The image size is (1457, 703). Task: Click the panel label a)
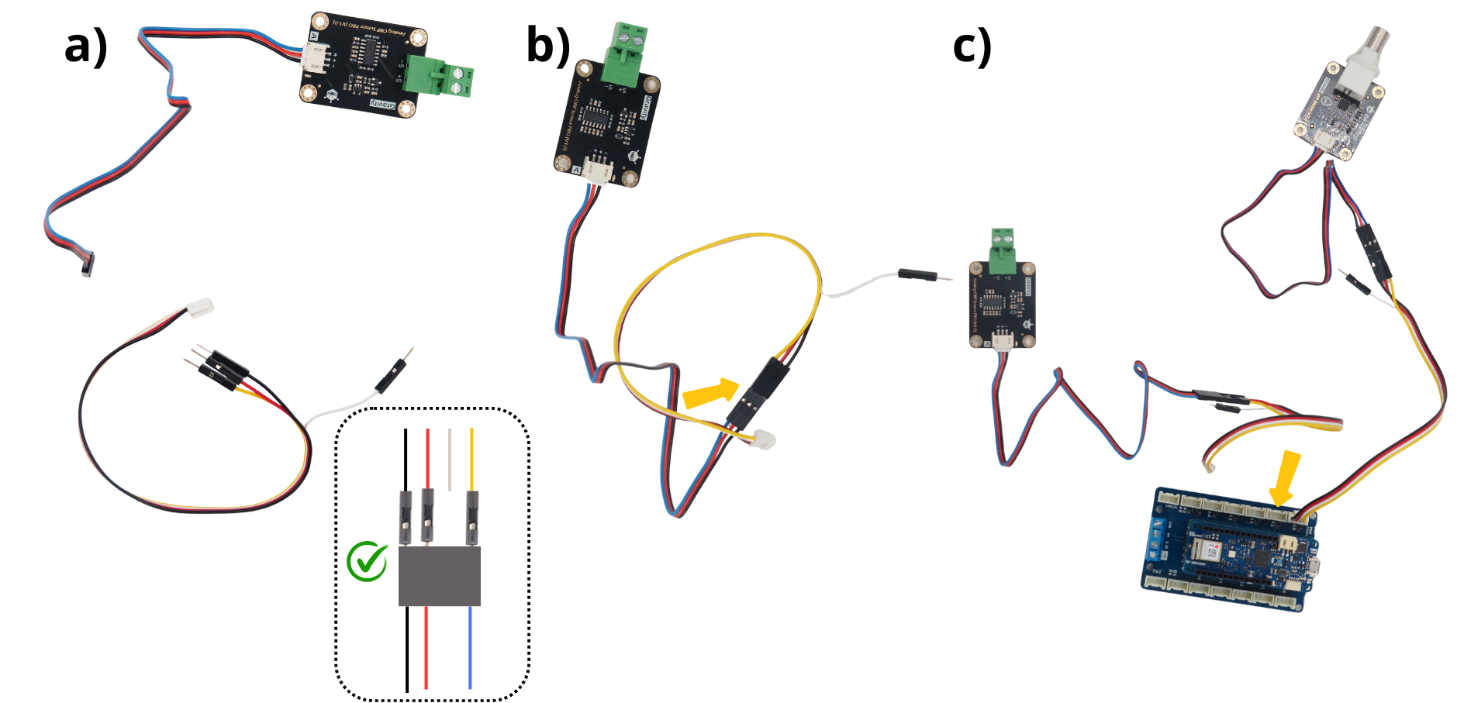(85, 47)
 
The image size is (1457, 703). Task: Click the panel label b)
(547, 45)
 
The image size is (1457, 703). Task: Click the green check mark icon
(367, 561)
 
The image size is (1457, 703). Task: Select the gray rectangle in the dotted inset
(439, 576)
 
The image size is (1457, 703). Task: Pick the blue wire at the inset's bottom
(470, 647)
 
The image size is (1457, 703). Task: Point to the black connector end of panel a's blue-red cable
(87, 265)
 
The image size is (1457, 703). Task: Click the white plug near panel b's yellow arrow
(764, 440)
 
